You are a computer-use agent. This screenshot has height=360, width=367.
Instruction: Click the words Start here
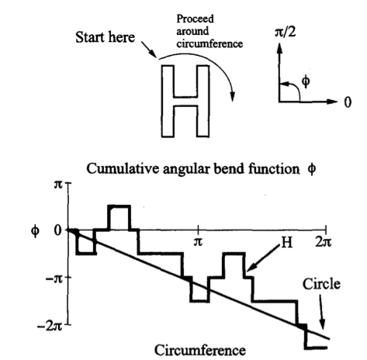click(x=105, y=37)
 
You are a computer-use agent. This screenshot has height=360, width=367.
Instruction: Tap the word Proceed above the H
click(x=195, y=19)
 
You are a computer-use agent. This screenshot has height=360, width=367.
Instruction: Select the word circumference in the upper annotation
click(x=209, y=43)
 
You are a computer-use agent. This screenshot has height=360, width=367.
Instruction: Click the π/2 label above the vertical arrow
click(x=285, y=33)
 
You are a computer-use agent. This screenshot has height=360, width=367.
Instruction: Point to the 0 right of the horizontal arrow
click(x=348, y=102)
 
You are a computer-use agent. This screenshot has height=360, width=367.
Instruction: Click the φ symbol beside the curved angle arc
click(x=306, y=81)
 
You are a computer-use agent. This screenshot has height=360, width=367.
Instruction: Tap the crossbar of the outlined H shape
click(x=185, y=101)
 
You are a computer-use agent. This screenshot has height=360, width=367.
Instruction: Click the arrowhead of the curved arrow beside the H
click(x=233, y=97)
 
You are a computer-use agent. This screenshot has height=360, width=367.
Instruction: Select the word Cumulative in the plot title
click(x=123, y=168)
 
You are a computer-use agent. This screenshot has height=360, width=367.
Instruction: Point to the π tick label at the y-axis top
click(x=58, y=185)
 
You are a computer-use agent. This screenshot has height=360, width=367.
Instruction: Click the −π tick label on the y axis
click(x=54, y=279)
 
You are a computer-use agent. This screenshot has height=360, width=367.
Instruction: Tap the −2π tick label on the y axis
click(x=50, y=327)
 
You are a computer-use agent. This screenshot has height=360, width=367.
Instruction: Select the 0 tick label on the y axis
click(x=58, y=230)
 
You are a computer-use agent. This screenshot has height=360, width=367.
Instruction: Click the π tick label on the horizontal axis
click(x=198, y=242)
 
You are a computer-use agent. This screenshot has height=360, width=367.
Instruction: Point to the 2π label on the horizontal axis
click(x=324, y=242)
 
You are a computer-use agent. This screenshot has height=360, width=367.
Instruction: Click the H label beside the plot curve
click(x=286, y=243)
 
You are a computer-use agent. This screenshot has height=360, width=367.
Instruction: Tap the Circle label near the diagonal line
click(x=321, y=284)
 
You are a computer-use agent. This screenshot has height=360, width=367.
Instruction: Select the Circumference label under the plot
click(x=200, y=351)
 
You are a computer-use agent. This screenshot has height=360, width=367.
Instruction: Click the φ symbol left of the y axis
click(x=36, y=230)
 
